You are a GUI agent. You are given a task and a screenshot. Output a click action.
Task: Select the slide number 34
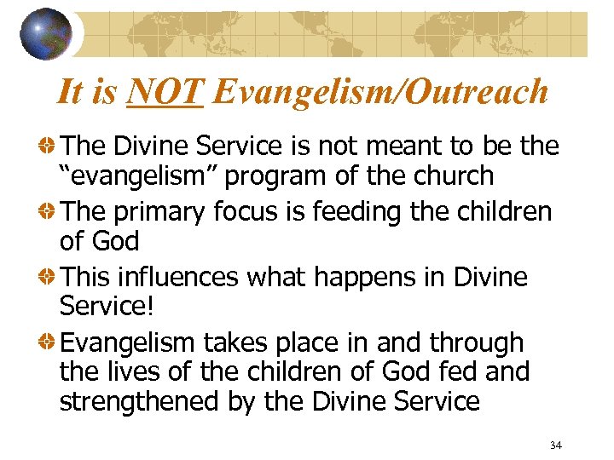click(x=556, y=446)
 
